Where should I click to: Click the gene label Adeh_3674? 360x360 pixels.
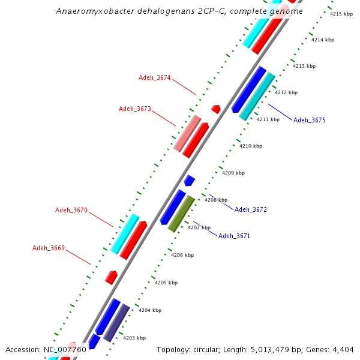[155, 77]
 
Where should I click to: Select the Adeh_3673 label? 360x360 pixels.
[135, 109]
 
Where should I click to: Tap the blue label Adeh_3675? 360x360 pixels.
[310, 120]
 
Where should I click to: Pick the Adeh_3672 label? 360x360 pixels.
[251, 209]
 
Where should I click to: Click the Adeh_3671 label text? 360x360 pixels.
[234, 236]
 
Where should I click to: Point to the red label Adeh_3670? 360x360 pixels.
[71, 210]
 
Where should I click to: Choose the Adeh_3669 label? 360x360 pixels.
[49, 248]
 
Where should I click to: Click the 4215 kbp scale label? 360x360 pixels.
[341, 14]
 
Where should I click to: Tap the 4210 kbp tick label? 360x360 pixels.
[251, 146]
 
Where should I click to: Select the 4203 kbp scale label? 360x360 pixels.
[134, 338]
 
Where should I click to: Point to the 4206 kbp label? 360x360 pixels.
[182, 255]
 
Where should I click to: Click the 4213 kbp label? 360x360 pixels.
[304, 66]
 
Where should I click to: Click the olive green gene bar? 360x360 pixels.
[181, 213]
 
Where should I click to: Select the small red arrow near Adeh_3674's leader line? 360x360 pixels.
[216, 109]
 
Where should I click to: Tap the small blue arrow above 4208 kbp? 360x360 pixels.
[190, 180]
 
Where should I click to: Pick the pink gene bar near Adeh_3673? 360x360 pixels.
[187, 133]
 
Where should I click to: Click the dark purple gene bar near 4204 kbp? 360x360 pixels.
[117, 322]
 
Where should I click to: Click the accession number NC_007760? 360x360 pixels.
[65, 349]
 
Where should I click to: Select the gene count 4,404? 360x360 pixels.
[342, 349]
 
